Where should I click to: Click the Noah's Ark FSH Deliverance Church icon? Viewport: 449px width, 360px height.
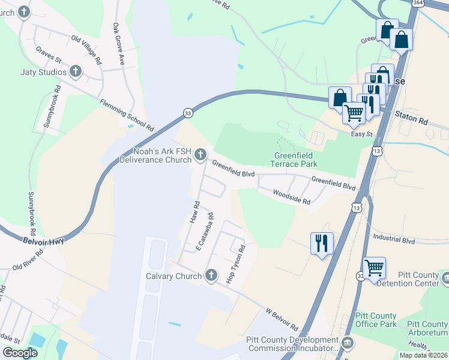point(200,155)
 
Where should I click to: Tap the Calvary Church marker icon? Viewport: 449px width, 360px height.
point(210,276)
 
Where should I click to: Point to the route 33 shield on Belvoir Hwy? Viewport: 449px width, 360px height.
point(188,113)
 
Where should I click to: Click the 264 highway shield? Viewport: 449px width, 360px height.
point(417,3)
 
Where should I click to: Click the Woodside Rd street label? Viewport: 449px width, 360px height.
point(291,197)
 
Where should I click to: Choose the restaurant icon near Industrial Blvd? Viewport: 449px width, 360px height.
point(322,243)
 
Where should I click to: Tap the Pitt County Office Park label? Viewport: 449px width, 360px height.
point(376,320)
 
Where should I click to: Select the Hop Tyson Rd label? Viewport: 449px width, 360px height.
point(236,264)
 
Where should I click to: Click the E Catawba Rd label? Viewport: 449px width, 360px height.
point(204,232)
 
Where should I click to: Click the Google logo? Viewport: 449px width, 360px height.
point(20,353)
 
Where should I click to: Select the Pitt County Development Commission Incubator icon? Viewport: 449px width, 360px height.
point(348,343)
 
